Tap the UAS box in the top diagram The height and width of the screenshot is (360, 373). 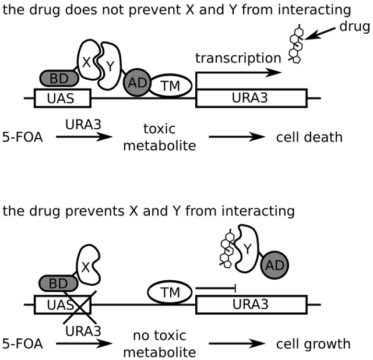coord(62,98)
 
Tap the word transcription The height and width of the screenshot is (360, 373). coord(238,58)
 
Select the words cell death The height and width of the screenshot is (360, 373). coord(309,137)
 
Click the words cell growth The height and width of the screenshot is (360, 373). coord(313,344)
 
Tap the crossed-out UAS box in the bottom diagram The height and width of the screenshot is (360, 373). coord(62,305)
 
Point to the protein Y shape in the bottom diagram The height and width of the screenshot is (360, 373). coord(248,251)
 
